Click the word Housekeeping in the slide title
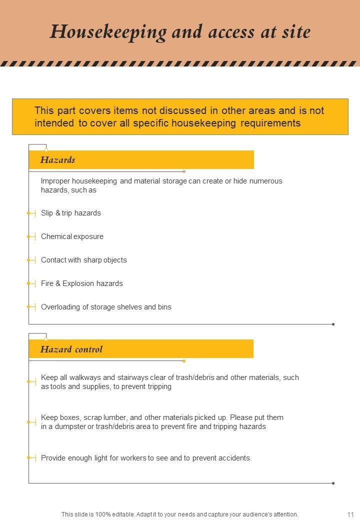tap(108, 32)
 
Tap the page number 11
tap(350, 514)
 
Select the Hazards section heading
tap(57, 160)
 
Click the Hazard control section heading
tap(71, 349)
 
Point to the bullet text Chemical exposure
tap(72, 236)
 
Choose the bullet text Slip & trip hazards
tap(70, 213)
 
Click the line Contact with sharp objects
tap(83, 260)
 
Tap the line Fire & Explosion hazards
tap(81, 283)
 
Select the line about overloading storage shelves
tap(106, 307)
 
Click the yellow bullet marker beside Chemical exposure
tap(29, 236)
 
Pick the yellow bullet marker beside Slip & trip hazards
tap(29, 213)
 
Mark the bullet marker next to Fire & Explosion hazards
tap(29, 283)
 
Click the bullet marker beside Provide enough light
tap(29, 457)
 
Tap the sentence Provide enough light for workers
tap(146, 457)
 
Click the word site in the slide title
tap(296, 32)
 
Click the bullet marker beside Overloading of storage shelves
tap(29, 307)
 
